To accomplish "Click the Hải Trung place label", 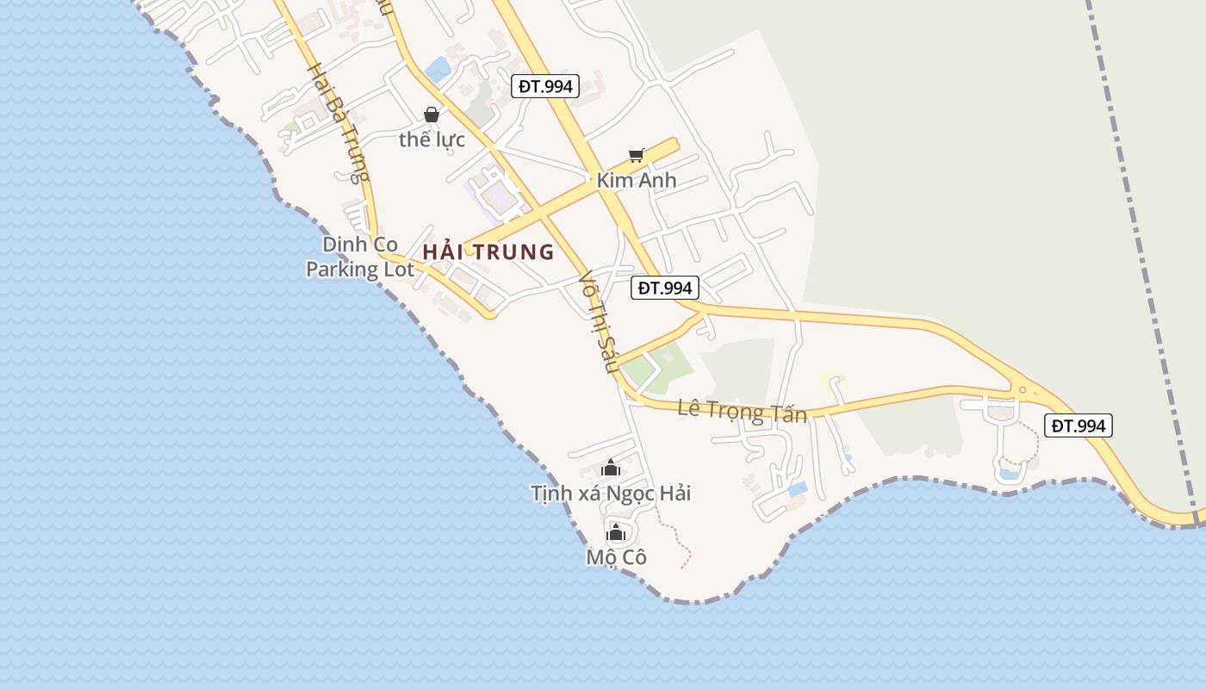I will [x=488, y=252].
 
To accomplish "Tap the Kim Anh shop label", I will [x=637, y=181].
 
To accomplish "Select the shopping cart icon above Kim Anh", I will [x=637, y=155].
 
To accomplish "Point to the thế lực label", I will [x=432, y=140].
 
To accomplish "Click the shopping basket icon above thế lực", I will [x=432, y=114].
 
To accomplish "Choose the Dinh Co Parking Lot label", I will [x=360, y=257].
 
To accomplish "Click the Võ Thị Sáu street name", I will [x=600, y=323].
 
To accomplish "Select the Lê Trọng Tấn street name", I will [x=743, y=411].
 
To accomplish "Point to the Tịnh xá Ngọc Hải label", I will [x=611, y=493].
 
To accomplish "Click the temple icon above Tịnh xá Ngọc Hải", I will [x=611, y=469].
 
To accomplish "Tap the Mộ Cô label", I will [x=616, y=557].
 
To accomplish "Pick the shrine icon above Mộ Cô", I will [x=616, y=532].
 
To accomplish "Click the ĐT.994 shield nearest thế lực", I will [x=545, y=86].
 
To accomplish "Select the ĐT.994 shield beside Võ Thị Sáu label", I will [x=664, y=288].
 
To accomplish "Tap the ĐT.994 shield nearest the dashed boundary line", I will [x=1079, y=425].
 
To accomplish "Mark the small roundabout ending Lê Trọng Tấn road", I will [x=1023, y=390].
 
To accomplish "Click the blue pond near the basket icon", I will [x=438, y=70].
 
